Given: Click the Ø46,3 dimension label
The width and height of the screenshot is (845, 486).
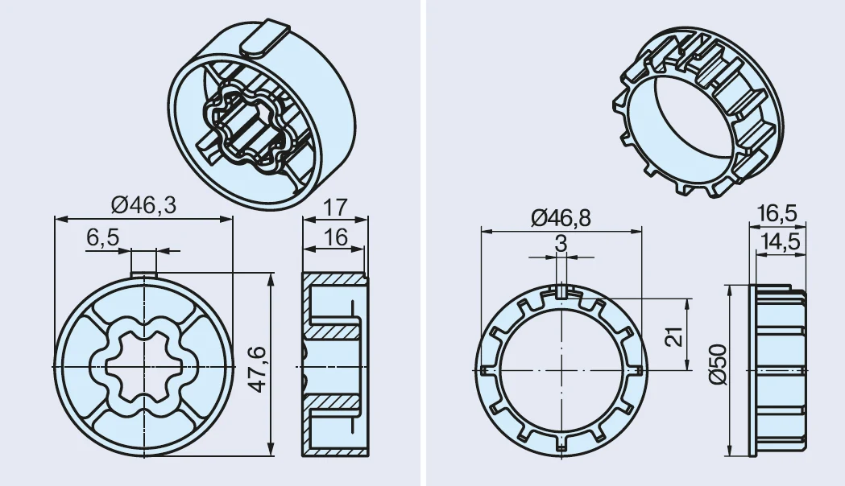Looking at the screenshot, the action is click(x=144, y=205).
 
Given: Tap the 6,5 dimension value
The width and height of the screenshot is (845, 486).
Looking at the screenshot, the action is click(x=102, y=237).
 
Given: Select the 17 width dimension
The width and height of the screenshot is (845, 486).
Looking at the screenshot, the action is click(x=334, y=208).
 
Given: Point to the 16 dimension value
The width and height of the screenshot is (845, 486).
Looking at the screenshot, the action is click(x=334, y=237).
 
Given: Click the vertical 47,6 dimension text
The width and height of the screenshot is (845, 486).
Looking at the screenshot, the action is click(x=258, y=369).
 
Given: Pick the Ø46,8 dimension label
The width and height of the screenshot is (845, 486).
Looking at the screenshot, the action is click(x=561, y=218).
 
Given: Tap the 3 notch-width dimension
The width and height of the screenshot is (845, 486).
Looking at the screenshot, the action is click(x=561, y=244).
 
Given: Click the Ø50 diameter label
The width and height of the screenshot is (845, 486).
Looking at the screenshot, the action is click(x=719, y=364).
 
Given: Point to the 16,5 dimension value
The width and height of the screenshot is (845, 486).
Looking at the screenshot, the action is click(x=777, y=214).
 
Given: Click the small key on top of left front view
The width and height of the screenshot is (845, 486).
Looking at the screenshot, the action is click(x=144, y=274).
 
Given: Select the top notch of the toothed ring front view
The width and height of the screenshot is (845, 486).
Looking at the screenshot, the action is click(x=561, y=291).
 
